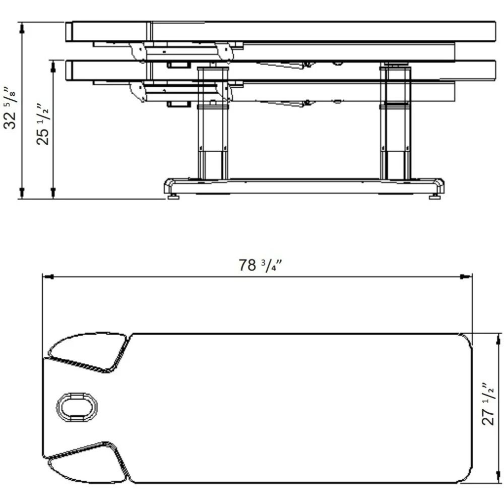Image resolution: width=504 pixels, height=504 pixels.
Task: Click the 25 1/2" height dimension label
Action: tap(43, 124)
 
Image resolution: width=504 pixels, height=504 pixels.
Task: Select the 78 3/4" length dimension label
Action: tap(261, 265)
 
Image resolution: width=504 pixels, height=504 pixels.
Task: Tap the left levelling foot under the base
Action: tap(173, 197)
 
